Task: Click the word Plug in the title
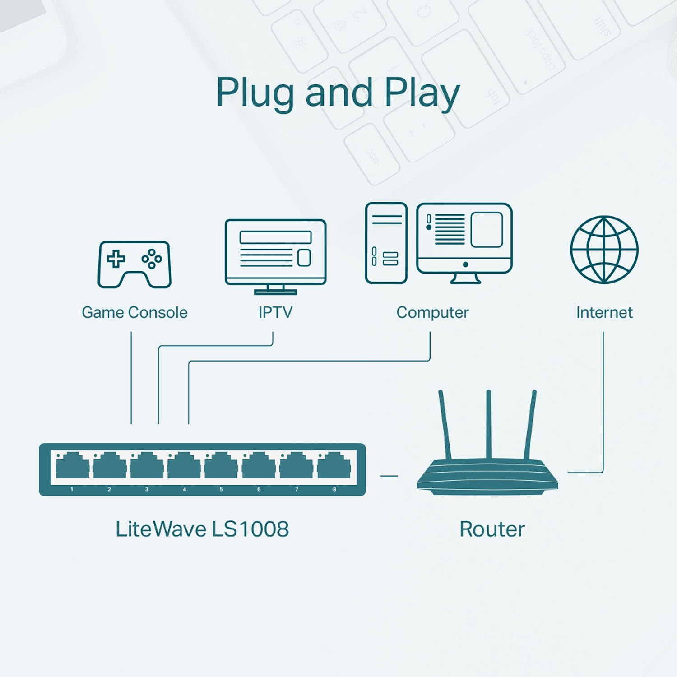click(255, 93)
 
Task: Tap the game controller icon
click(134, 264)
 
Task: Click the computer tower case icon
click(386, 243)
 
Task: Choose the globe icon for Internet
click(604, 250)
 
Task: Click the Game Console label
click(134, 312)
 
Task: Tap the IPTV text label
click(275, 312)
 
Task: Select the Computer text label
click(432, 312)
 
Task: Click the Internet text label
click(604, 312)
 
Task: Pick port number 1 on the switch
click(72, 466)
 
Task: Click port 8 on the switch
click(334, 466)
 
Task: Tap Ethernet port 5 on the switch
click(221, 466)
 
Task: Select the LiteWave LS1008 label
click(202, 529)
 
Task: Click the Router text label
click(492, 529)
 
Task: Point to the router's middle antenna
click(488, 424)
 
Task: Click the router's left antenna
click(445, 424)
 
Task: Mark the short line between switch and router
click(389, 476)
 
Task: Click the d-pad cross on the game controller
click(116, 259)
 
